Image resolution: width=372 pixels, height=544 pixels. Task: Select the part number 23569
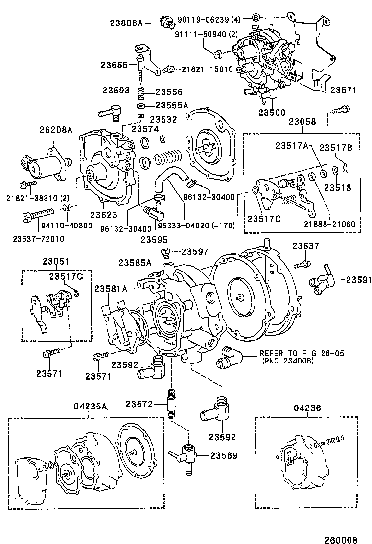(x=224, y=455)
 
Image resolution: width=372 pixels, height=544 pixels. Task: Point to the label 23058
(x=302, y=121)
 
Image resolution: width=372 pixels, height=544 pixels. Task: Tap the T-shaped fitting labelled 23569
(x=186, y=454)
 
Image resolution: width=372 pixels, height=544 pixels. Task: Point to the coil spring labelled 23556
(x=141, y=92)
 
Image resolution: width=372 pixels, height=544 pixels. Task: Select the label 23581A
(x=111, y=289)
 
